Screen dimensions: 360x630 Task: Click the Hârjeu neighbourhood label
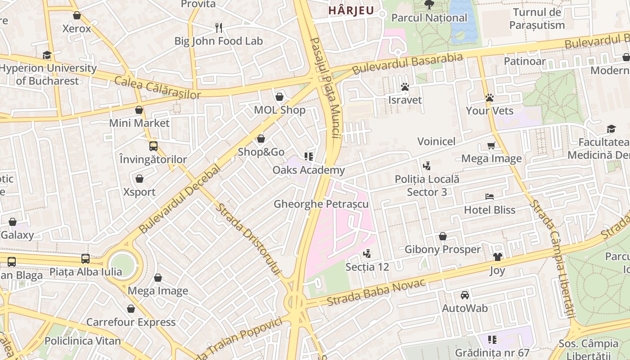pos(351,10)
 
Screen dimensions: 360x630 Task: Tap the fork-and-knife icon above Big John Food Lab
pos(219,28)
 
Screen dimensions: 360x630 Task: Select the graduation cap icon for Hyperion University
pos(47,55)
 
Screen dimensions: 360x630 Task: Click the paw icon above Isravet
pos(405,87)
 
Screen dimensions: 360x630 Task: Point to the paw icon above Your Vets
pos(490,98)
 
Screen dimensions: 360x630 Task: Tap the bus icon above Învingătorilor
pos(153,146)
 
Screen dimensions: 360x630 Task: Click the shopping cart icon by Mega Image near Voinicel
pos(491,145)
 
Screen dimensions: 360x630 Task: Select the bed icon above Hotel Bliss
pos(490,197)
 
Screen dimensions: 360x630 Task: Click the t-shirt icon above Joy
pos(497,257)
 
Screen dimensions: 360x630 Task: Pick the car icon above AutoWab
pos(465,295)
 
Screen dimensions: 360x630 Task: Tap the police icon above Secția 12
pos(367,254)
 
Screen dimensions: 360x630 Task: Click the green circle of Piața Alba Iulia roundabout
pos(122,265)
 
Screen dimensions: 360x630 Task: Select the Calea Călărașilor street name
pos(157,88)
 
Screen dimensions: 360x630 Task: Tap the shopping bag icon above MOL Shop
pos(279,97)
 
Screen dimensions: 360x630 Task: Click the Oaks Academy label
pos(309,170)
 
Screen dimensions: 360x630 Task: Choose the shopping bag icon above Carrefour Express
pos(131,309)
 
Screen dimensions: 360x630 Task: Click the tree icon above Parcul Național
pos(429,4)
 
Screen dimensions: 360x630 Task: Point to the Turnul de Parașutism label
pos(537,18)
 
